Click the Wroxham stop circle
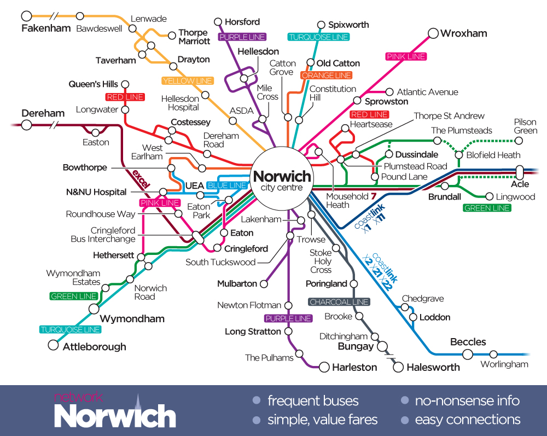(433, 34)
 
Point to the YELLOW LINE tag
(186, 81)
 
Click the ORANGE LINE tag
(327, 75)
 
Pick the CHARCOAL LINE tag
(339, 302)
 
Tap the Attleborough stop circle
(53, 345)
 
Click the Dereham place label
(43, 113)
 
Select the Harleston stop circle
(324, 367)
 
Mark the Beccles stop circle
(468, 354)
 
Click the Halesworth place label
(433, 368)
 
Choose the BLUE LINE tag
(227, 185)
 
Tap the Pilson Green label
(525, 126)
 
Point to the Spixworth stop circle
(322, 25)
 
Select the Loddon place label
(434, 317)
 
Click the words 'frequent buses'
(313, 400)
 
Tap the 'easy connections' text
(467, 420)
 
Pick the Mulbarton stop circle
(264, 284)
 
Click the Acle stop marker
(520, 172)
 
